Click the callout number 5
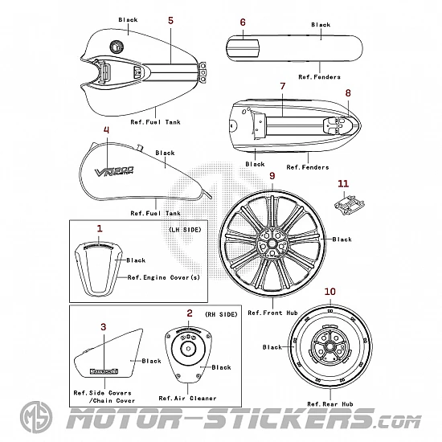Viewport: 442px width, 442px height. pyautogui.click(x=170, y=21)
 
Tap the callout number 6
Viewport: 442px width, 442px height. pyautogui.click(x=243, y=23)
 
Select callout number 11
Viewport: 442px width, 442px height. pyautogui.click(x=343, y=184)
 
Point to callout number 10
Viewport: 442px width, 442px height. pyautogui.click(x=330, y=292)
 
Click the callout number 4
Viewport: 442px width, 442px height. pyautogui.click(x=106, y=130)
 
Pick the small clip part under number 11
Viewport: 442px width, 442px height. pyautogui.click(x=350, y=205)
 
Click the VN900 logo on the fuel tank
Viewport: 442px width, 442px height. pyautogui.click(x=114, y=171)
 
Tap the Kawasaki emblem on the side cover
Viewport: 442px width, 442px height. pyautogui.click(x=104, y=371)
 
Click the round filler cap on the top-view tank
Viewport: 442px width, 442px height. pyautogui.click(x=115, y=47)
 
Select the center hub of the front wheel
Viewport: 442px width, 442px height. pyautogui.click(x=272, y=243)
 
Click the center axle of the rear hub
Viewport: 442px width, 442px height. pyautogui.click(x=329, y=346)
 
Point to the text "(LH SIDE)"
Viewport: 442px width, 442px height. pyautogui.click(x=185, y=230)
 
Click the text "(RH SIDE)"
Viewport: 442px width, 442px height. pyautogui.click(x=221, y=314)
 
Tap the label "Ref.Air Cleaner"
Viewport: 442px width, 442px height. pyautogui.click(x=187, y=399)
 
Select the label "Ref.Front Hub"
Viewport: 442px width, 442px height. pyautogui.click(x=273, y=313)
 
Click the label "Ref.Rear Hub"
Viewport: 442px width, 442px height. pyautogui.click(x=330, y=404)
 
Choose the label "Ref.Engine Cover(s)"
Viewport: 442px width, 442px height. pyautogui.click(x=164, y=277)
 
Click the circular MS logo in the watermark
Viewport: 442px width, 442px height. pyautogui.click(x=36, y=417)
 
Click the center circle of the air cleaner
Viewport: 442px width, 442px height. pyautogui.click(x=188, y=349)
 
